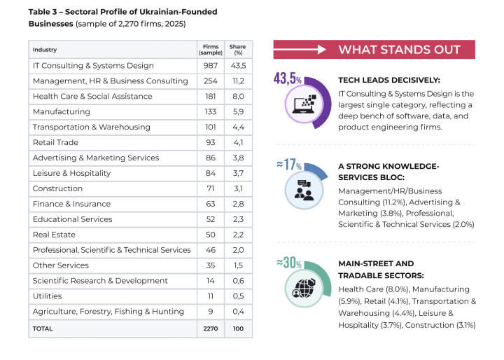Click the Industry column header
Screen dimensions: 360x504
tap(45, 50)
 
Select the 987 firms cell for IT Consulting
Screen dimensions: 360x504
tap(210, 66)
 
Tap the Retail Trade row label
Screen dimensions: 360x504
tap(55, 142)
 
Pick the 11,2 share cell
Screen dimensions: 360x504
tap(238, 81)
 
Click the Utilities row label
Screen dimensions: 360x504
tap(47, 296)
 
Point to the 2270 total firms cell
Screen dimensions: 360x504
tap(210, 328)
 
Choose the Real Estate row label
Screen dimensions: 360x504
tap(54, 235)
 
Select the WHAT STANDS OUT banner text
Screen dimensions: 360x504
tap(399, 50)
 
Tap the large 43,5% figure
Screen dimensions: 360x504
tap(287, 78)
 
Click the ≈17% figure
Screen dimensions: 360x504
tap(288, 165)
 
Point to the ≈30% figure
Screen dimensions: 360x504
tap(288, 263)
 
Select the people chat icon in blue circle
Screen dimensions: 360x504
tap(304, 190)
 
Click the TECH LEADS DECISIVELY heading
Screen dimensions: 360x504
tap(388, 80)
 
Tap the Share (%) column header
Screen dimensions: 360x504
tap(238, 49)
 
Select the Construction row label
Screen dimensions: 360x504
tap(57, 188)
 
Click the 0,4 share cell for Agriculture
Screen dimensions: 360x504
tap(238, 312)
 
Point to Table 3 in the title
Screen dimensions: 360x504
tap(45, 12)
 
